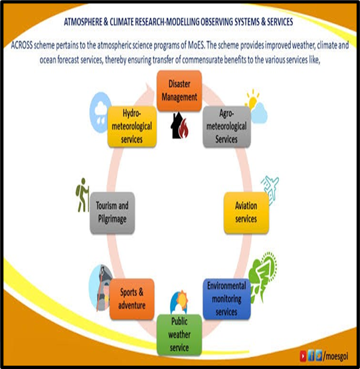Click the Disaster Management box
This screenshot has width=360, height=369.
pyautogui.click(x=179, y=90)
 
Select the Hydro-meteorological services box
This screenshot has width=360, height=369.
pyautogui.click(x=132, y=126)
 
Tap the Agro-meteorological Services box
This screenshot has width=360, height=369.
pyautogui.click(x=226, y=126)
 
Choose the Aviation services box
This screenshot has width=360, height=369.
pyautogui.click(x=246, y=213)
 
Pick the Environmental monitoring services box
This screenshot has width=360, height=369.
pyautogui.click(x=226, y=299)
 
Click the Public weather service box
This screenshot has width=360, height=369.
pyautogui.click(x=179, y=334)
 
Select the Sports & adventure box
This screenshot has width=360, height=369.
pyautogui.click(x=132, y=299)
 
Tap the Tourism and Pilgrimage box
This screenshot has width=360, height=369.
pyautogui.click(x=112, y=213)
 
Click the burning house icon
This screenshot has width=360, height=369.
pyautogui.click(x=179, y=126)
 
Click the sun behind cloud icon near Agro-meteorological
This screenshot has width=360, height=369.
pyautogui.click(x=256, y=106)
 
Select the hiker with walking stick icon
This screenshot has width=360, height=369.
pyautogui.click(x=82, y=195)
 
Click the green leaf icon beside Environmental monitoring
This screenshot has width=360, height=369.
pyautogui.click(x=262, y=277)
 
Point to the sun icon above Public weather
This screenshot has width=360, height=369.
pyautogui.click(x=179, y=302)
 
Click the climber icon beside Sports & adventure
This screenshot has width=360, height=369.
pyautogui.click(x=101, y=288)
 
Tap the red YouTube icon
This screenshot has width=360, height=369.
pyautogui.click(x=303, y=356)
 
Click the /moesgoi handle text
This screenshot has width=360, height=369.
pyautogui.click(x=336, y=356)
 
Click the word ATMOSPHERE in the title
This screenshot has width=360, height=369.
pyautogui.click(x=83, y=22)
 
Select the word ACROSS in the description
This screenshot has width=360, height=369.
pyautogui.click(x=22, y=45)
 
